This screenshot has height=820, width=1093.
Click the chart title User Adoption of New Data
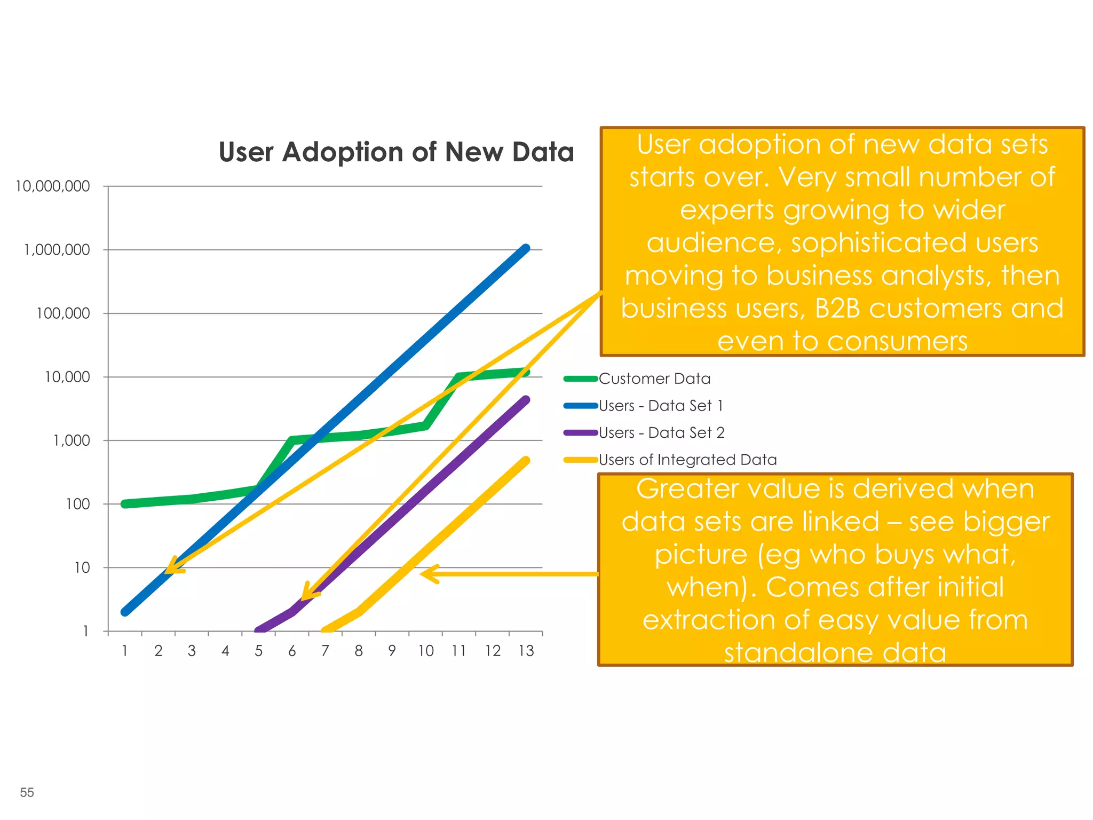point(396,152)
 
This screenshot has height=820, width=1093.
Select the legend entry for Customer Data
point(654,379)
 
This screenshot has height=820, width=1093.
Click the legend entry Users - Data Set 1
point(661,406)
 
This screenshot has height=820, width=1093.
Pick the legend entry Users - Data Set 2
point(661,433)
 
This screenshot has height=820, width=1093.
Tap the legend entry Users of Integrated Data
point(687,460)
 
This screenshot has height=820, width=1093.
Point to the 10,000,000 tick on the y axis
point(53,186)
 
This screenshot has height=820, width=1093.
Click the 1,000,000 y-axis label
point(57,250)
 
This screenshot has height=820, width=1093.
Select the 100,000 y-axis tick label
point(63,313)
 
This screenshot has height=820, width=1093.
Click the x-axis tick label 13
point(526,651)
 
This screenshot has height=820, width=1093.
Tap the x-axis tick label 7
point(325,651)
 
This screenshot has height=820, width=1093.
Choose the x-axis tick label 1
point(125,651)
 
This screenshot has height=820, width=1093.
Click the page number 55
point(27,793)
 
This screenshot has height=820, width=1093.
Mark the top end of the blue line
point(526,249)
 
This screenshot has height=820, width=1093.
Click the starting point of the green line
point(125,504)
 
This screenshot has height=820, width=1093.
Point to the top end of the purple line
point(526,400)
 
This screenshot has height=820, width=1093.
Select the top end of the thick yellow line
point(526,460)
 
